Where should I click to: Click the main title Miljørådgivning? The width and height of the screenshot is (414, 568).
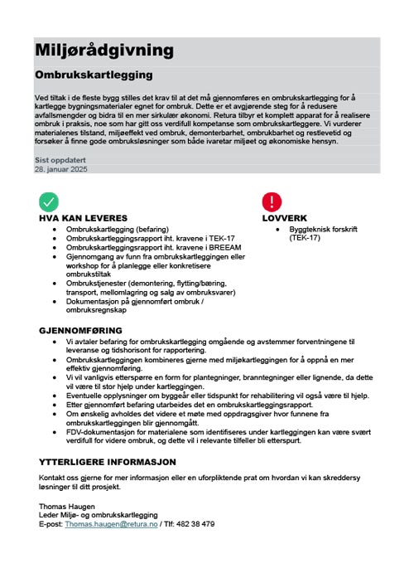(104, 51)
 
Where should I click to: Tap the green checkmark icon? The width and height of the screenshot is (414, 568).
(49, 201)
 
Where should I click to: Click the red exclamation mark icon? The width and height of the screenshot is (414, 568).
(272, 201)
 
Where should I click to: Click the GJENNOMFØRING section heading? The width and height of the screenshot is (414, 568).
(79, 330)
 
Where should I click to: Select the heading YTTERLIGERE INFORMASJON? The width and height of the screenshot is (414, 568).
(108, 461)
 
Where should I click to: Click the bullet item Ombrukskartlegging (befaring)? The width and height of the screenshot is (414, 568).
(117, 229)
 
